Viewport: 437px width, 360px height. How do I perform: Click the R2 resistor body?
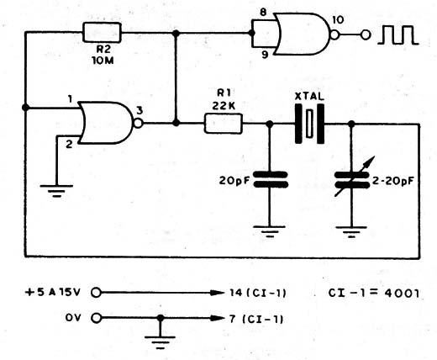[x=103, y=33]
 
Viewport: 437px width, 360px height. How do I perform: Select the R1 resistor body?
[x=224, y=124]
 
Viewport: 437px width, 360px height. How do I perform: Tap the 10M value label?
[x=103, y=61]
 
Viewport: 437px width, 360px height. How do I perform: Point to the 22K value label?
[x=224, y=106]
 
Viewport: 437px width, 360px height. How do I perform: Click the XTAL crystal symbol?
[x=309, y=124]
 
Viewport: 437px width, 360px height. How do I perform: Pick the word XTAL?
[x=309, y=97]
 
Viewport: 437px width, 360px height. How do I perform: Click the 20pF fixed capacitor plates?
[x=271, y=179]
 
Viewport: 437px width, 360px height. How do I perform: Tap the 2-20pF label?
[x=392, y=181]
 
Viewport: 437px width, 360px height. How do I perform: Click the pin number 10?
[x=338, y=20]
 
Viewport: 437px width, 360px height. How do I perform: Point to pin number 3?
[x=140, y=111]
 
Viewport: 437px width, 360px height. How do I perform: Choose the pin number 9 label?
[x=265, y=56]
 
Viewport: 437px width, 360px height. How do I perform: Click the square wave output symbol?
[x=398, y=35]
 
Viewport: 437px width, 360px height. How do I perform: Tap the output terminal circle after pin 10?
[x=366, y=35]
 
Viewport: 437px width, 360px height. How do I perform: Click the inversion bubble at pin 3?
[x=138, y=123]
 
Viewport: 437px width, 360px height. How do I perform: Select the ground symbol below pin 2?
[x=56, y=191]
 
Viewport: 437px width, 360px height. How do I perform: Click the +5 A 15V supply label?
[x=53, y=292]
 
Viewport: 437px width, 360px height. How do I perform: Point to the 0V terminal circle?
[x=96, y=318]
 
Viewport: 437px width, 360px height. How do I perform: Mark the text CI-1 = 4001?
[x=374, y=293]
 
